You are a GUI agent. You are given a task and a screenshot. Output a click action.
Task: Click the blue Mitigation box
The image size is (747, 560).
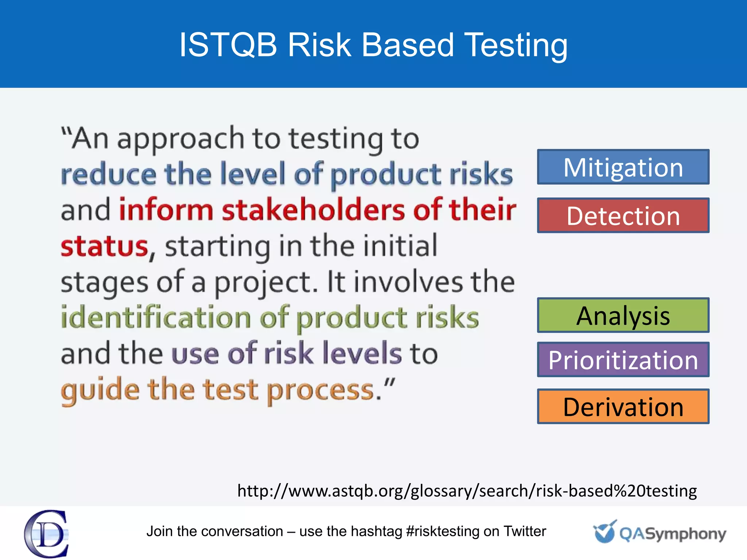(x=623, y=167)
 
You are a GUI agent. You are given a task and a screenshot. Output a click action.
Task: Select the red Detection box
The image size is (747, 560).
(x=623, y=215)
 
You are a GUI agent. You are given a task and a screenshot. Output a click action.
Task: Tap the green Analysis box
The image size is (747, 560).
(x=623, y=315)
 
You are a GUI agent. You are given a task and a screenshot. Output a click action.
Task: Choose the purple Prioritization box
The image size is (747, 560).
(x=623, y=359)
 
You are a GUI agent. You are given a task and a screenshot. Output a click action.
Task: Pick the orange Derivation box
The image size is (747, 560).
(x=623, y=406)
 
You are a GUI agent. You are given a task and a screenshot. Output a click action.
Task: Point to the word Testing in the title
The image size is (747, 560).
(x=516, y=46)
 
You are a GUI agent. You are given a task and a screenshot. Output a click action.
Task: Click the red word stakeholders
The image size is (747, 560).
(x=314, y=210)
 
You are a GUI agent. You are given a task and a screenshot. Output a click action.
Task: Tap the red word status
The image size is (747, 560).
(x=104, y=246)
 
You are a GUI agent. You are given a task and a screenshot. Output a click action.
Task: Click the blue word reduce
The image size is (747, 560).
(x=109, y=175)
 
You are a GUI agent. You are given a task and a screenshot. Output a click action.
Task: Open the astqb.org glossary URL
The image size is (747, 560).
(x=467, y=491)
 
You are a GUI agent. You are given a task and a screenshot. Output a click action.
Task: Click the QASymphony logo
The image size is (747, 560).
(x=659, y=533)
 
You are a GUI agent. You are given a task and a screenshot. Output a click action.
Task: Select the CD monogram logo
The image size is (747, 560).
(x=47, y=533)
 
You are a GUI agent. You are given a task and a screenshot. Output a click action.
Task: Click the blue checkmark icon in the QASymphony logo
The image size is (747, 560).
(x=604, y=532)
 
